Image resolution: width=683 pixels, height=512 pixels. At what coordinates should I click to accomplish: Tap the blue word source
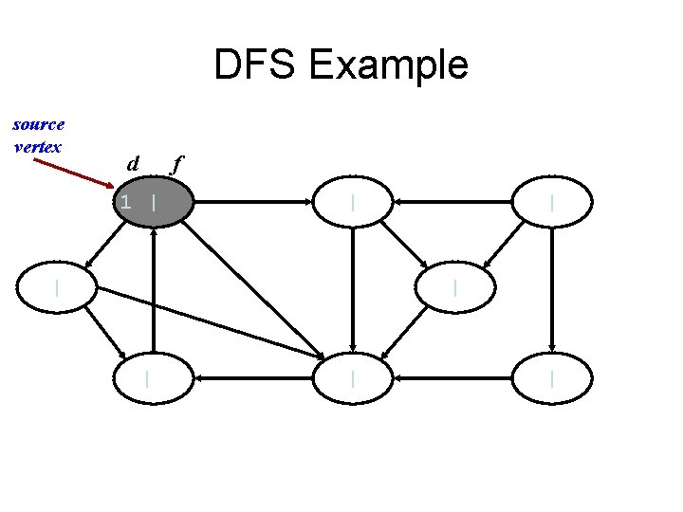[x=39, y=124]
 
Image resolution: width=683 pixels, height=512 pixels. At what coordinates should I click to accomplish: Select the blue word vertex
[x=38, y=146]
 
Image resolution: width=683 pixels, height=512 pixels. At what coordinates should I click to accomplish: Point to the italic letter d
[x=135, y=165]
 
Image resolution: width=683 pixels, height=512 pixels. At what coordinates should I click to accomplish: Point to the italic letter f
[x=175, y=165]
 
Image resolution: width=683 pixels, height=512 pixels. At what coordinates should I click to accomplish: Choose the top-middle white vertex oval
[x=353, y=202]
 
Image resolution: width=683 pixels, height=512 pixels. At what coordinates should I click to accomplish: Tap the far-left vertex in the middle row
[x=58, y=285]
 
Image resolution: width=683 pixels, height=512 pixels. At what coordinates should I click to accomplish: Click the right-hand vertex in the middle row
[x=455, y=285]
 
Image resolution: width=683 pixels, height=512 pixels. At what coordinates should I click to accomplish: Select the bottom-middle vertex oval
[x=353, y=378]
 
